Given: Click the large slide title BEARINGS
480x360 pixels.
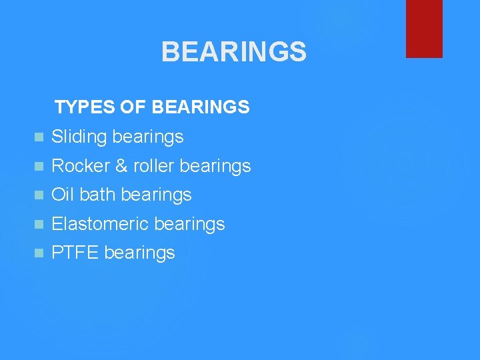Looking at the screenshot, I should pos(233,52).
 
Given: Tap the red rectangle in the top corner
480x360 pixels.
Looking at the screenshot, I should pos(424,28).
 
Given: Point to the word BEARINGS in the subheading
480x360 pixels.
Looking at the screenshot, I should pos(201,107).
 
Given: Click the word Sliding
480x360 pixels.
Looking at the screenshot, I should pos(79,137).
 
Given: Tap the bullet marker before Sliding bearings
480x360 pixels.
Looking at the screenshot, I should pos(39,138).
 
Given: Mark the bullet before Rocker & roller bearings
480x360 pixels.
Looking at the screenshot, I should pos(39,167).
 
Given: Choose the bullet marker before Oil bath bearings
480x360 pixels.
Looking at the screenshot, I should pos(39,195).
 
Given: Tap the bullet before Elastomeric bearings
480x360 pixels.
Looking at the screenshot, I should pos(39,225).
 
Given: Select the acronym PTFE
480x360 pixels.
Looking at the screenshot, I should pos(75,253).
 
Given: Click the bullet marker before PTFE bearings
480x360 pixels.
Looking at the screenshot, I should pos(39,253).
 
